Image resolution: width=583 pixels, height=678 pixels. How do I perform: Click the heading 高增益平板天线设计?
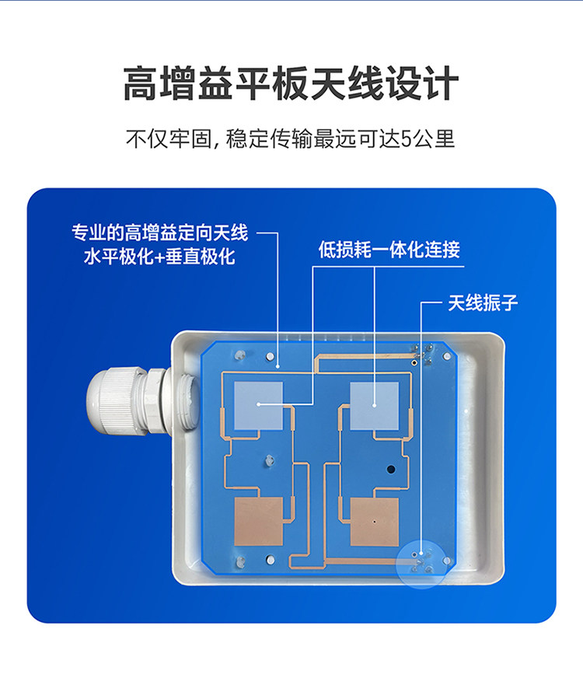(291, 83)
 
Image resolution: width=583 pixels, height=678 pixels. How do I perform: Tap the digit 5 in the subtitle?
(407, 139)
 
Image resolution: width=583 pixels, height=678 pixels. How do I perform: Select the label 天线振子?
(482, 302)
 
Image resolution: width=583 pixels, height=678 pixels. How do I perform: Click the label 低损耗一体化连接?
(389, 250)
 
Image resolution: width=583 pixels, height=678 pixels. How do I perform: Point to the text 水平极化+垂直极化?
(159, 257)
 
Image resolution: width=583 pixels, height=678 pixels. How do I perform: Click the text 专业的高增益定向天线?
(160, 232)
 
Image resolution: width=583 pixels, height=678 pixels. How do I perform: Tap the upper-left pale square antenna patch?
(258, 406)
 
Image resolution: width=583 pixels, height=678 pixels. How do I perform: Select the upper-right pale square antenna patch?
(374, 406)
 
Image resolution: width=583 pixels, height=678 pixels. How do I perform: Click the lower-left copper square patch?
(258, 522)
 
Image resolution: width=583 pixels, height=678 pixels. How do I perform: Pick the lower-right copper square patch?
(374, 522)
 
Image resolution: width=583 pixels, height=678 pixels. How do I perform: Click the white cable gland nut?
(111, 401)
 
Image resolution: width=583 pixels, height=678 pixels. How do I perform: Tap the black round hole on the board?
(391, 469)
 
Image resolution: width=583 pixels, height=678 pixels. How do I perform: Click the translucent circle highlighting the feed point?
(422, 563)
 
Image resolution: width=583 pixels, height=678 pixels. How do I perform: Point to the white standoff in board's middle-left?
(270, 460)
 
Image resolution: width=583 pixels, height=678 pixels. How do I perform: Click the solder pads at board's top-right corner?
(422, 354)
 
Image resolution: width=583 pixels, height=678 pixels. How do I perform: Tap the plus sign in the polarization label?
(159, 257)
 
